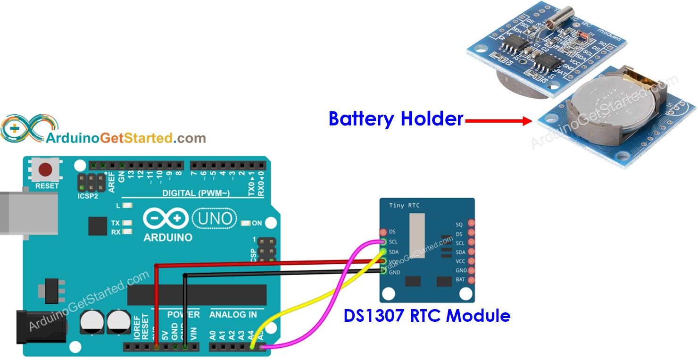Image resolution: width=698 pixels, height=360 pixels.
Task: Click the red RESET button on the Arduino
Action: [46, 169]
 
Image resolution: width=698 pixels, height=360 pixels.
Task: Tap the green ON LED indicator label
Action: [257, 223]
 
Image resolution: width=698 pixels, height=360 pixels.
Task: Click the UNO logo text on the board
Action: [214, 218]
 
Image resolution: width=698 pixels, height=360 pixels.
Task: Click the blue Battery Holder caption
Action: [396, 118]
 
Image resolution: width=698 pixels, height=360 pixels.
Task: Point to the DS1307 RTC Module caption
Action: [427, 315]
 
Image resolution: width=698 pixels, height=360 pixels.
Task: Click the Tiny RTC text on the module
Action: [404, 205]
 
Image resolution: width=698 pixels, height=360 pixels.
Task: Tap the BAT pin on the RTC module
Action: [470, 280]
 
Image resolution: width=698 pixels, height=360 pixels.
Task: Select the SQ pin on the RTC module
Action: [470, 224]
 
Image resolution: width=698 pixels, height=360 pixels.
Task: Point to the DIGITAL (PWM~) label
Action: [196, 193]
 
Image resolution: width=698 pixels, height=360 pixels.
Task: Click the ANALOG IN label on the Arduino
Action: [233, 314]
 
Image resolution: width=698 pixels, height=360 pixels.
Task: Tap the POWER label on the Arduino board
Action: [183, 314]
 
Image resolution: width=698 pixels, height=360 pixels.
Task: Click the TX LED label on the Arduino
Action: [116, 223]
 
